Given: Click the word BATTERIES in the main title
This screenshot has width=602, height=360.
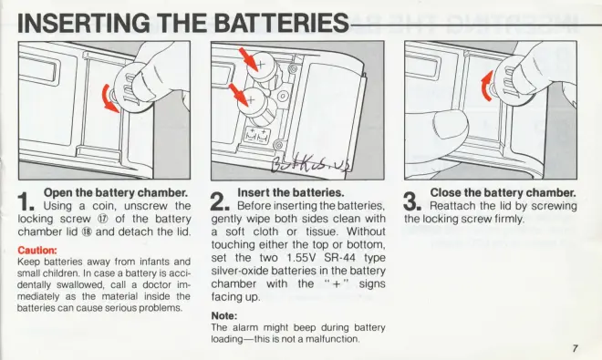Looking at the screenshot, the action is (x=281, y=23).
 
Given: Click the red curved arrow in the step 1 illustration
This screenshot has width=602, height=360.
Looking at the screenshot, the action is (x=108, y=100).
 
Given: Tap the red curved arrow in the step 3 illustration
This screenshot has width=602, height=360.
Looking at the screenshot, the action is (x=486, y=87).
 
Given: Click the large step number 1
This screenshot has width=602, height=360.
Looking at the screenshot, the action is (x=26, y=201).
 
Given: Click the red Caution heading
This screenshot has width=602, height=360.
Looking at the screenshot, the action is (x=37, y=251).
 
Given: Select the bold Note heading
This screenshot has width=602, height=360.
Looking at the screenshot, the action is (x=224, y=316).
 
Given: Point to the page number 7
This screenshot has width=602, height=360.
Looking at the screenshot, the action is (x=575, y=348).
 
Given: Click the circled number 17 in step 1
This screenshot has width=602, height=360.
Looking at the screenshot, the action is (x=104, y=219).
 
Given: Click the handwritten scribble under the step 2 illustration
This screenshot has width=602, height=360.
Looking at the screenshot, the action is (x=311, y=166).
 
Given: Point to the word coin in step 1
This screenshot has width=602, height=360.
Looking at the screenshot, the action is (x=104, y=206).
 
